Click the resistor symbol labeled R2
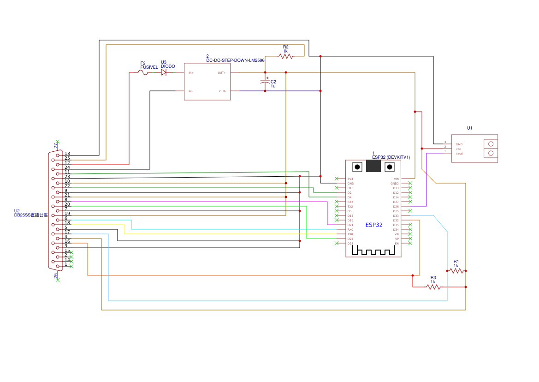[285, 56]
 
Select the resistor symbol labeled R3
[433, 287]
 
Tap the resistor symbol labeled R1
[456, 271]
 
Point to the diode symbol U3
[164, 72]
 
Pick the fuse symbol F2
[143, 72]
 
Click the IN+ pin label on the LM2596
[191, 73]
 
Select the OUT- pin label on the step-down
[222, 91]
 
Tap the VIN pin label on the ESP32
[396, 179]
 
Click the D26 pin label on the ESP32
[396, 207]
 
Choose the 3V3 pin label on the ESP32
[350, 179]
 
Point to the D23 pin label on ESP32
[350, 244]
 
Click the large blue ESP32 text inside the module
[374, 225]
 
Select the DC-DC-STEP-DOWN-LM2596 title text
[235, 60]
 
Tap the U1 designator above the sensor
[469, 128]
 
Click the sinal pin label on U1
[459, 154]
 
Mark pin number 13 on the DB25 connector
[67, 154]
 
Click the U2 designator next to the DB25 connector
[17, 211]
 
